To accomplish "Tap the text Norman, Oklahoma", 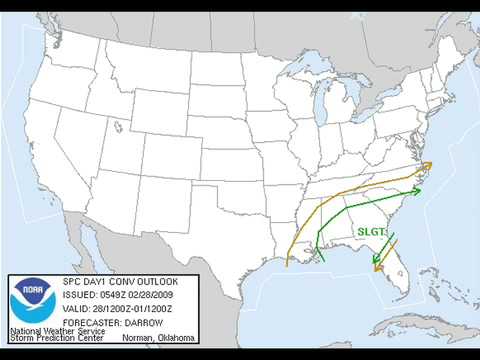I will [x=159, y=337].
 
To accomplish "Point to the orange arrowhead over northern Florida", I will [x=377, y=266].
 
